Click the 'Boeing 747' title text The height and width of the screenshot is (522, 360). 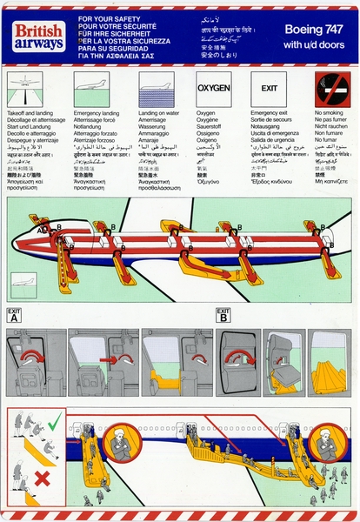317,29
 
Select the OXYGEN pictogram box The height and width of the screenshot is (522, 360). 213,89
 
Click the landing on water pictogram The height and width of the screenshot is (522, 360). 156,89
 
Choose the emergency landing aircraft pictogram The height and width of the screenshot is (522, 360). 91,89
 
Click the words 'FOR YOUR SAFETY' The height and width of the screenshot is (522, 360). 108,18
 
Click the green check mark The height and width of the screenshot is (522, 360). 54,423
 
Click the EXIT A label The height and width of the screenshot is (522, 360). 14,315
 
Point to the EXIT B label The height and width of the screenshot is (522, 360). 223,315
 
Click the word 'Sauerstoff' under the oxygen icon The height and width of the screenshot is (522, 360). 209,125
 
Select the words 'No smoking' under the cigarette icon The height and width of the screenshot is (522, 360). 326,113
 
